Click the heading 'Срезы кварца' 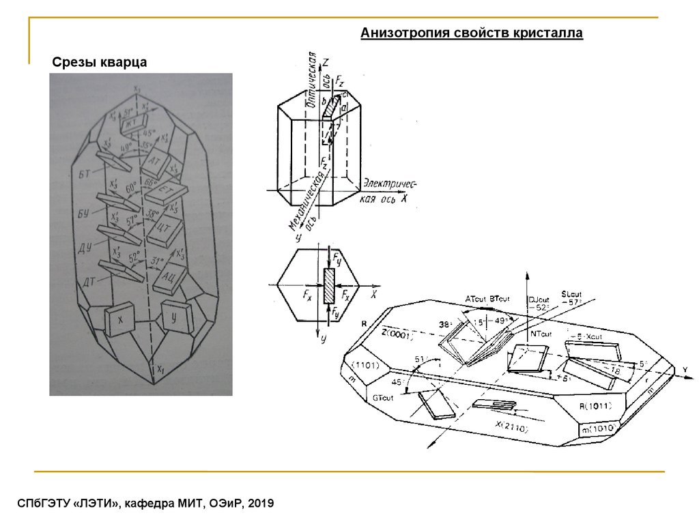tap(100, 63)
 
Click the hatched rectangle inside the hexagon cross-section tap(329, 286)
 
